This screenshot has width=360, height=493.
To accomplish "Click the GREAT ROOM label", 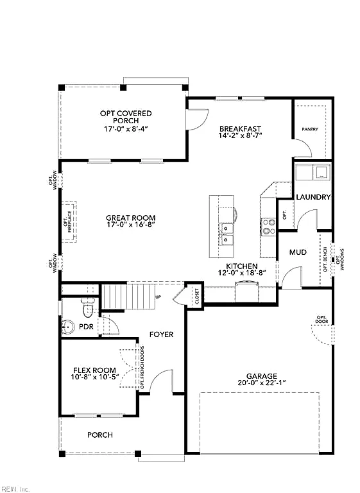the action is [x=130, y=218].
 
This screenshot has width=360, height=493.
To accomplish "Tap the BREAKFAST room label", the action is [x=240, y=129].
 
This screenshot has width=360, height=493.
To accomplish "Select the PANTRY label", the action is [x=310, y=129].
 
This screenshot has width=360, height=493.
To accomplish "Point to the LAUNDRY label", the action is [x=313, y=197].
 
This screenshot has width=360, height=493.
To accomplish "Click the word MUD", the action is [x=298, y=252].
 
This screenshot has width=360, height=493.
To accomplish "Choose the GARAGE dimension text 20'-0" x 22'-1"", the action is [x=262, y=383].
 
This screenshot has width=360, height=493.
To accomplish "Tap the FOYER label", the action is [x=161, y=334].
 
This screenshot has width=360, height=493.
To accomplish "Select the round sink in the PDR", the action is [x=67, y=327].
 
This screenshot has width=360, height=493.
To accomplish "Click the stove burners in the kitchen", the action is [x=268, y=227].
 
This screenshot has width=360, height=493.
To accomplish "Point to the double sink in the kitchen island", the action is [x=227, y=234].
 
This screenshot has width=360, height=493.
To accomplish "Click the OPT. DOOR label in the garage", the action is [x=322, y=319].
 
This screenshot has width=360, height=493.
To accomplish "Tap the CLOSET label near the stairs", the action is [x=197, y=296].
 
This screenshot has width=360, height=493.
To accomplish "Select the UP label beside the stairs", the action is [x=159, y=297].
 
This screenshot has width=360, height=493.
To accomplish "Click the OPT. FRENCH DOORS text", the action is [x=142, y=367].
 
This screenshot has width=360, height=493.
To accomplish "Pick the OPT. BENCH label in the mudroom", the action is [x=325, y=259].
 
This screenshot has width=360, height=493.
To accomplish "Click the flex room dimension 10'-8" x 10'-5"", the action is [x=95, y=377].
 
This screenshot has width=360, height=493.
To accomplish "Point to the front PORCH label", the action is [x=100, y=435].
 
